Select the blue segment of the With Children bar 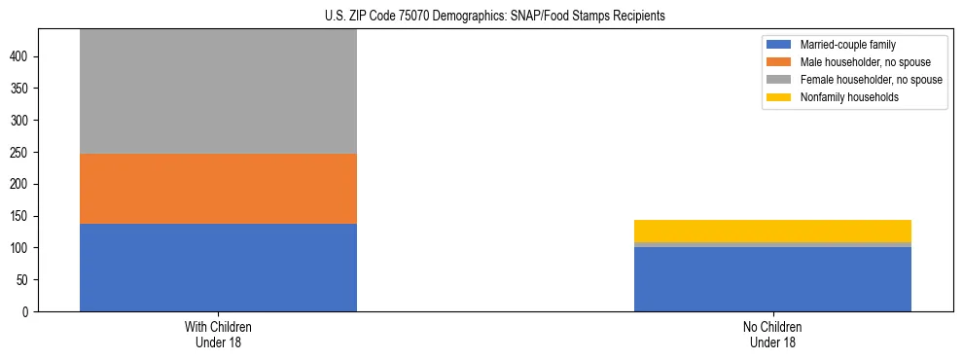pyautogui.click(x=218, y=268)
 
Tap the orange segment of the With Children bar pyautogui.click(x=218, y=189)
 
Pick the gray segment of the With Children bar pyautogui.click(x=218, y=91)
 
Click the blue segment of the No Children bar pyautogui.click(x=772, y=279)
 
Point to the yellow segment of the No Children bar pyautogui.click(x=772, y=231)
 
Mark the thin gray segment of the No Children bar pyautogui.click(x=772, y=244)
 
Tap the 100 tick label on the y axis pyautogui.click(x=21, y=248)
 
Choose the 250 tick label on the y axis pyautogui.click(x=21, y=153)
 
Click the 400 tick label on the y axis pyautogui.click(x=21, y=57)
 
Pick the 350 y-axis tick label pyautogui.click(x=21, y=89)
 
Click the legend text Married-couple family pyautogui.click(x=847, y=45)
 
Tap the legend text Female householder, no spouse pyautogui.click(x=871, y=80)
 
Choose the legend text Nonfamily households pyautogui.click(x=842, y=97)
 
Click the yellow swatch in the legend pyautogui.click(x=779, y=97)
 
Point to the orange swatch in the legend pyautogui.click(x=779, y=62)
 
